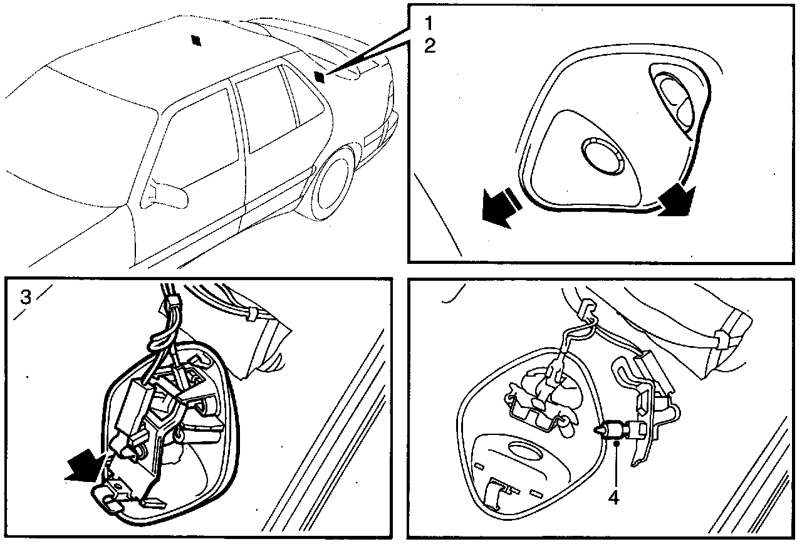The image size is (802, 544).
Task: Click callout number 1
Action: [x=429, y=23]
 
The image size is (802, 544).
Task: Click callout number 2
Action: [x=430, y=46]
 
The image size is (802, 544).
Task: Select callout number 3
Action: [x=26, y=297]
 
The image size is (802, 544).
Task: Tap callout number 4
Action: [x=613, y=497]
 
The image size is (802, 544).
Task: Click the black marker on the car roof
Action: [x=196, y=41]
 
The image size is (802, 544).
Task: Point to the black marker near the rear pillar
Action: [x=319, y=76]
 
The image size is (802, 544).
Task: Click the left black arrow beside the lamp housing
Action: [x=499, y=209]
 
